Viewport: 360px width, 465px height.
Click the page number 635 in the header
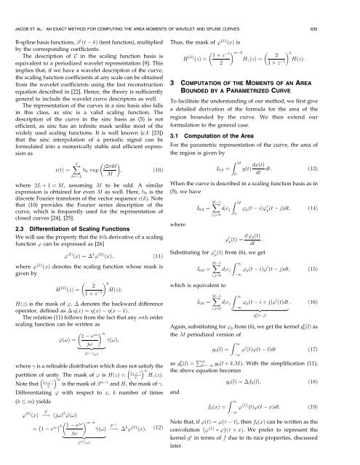(x=343, y=9)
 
